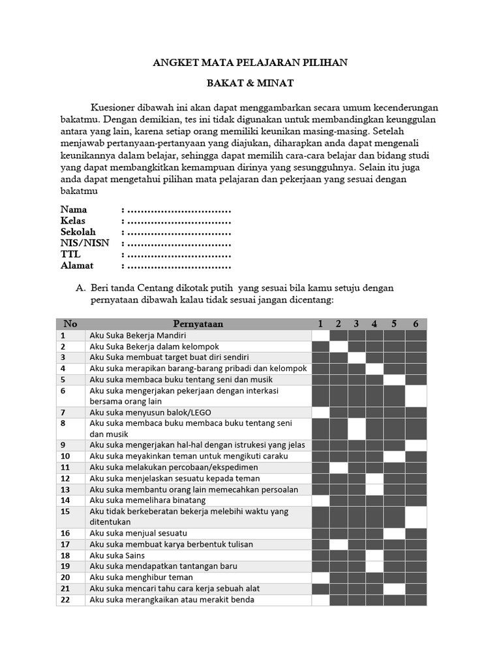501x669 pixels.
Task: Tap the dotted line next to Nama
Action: [x=179, y=210]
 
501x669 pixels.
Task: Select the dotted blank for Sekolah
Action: [x=179, y=232]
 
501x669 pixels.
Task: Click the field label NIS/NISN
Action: [x=85, y=243]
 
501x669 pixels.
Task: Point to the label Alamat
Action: [x=77, y=265]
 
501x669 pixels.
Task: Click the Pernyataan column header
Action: [x=198, y=324]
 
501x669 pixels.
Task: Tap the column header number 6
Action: [x=416, y=324]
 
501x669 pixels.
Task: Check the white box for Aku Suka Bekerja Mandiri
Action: [x=320, y=335]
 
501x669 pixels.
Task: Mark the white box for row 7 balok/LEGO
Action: [x=320, y=412]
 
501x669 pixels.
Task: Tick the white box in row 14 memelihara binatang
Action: [x=320, y=500]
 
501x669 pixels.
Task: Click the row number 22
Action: [x=65, y=600]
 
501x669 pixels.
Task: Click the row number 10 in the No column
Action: [x=65, y=456]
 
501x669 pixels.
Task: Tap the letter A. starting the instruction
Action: [x=82, y=288]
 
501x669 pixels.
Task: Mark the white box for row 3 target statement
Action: [x=357, y=357]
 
